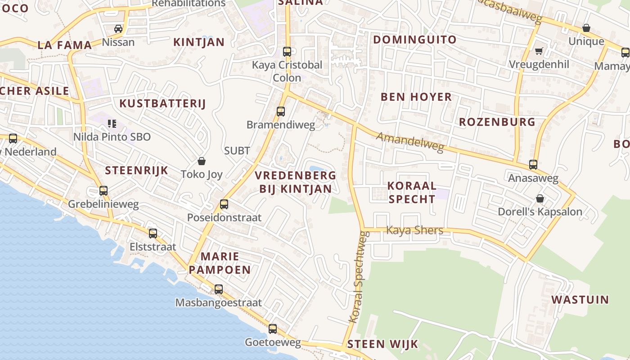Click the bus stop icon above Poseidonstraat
pyautogui.click(x=224, y=204)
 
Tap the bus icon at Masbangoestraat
pyautogui.click(x=219, y=289)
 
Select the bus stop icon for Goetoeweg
pyautogui.click(x=273, y=329)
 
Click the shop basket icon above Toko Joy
pyautogui.click(x=202, y=161)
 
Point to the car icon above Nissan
pyautogui.click(x=118, y=29)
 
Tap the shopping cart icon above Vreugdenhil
pyautogui.click(x=539, y=51)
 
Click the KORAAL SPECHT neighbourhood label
pyautogui.click(x=412, y=192)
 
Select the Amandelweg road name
pyautogui.click(x=410, y=142)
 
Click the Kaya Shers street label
pyautogui.click(x=415, y=230)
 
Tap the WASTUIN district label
pyautogui.click(x=580, y=300)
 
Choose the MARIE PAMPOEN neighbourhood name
pyautogui.click(x=220, y=263)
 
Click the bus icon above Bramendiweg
pyautogui.click(x=281, y=111)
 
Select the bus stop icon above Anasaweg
pyautogui.click(x=533, y=165)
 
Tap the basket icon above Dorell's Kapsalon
pyautogui.click(x=540, y=198)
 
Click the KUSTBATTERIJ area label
pyautogui.click(x=162, y=103)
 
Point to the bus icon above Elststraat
pyautogui.click(x=153, y=234)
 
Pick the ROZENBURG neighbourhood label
pyautogui.click(x=497, y=122)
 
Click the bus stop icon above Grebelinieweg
pyautogui.click(x=103, y=191)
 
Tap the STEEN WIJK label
pyautogui.click(x=382, y=345)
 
